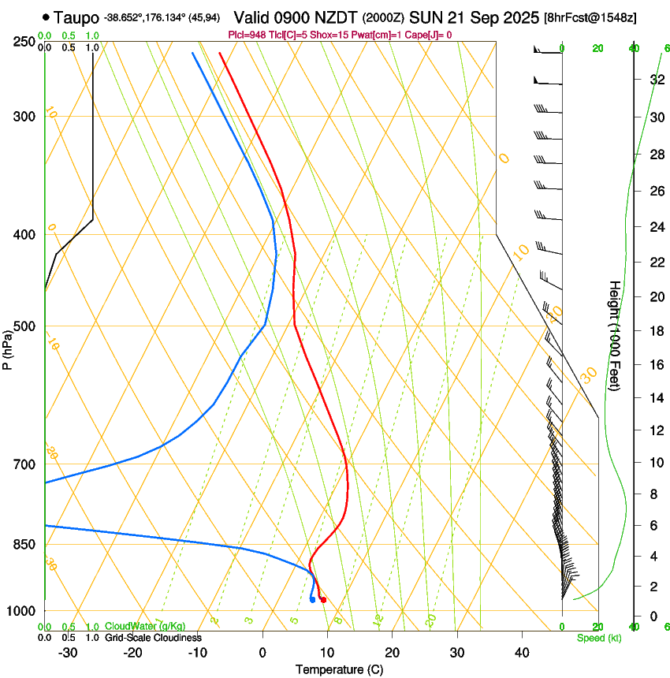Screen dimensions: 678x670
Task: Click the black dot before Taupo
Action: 47,17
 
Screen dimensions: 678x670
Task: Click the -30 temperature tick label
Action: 68,653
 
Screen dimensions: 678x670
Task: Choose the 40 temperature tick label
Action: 522,653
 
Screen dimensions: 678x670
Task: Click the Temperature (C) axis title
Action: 339,669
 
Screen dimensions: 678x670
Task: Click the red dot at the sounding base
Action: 323,601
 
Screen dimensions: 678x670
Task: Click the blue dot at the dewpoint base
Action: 313,600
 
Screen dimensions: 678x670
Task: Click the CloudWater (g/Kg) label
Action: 145,627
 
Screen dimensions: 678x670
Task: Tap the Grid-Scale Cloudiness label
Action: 153,638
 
